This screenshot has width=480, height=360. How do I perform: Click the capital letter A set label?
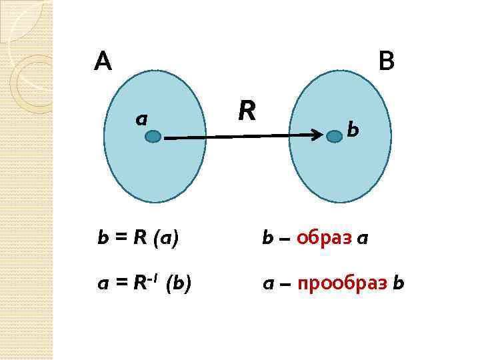tap(103, 62)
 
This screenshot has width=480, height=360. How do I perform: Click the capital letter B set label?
tap(385, 62)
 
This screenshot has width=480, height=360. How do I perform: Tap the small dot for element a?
tap(153, 137)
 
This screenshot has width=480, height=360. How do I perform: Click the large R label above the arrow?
tap(247, 111)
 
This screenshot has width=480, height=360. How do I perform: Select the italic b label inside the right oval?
tap(353, 129)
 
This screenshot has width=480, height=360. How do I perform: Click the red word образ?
tap(323, 238)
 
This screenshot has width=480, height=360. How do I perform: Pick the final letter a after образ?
tap(362, 239)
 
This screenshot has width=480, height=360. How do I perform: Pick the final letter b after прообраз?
tap(398, 285)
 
